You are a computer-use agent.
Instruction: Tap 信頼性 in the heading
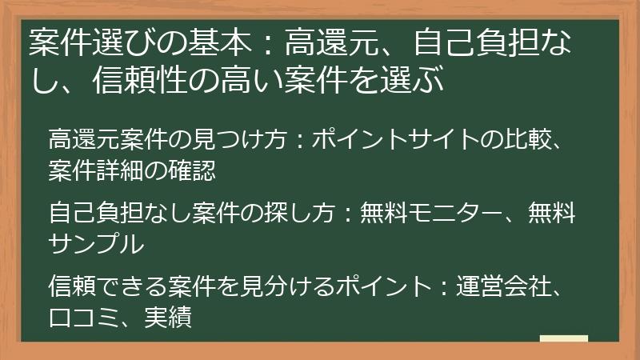(133, 81)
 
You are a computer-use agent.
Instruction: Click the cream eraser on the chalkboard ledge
(563, 338)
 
